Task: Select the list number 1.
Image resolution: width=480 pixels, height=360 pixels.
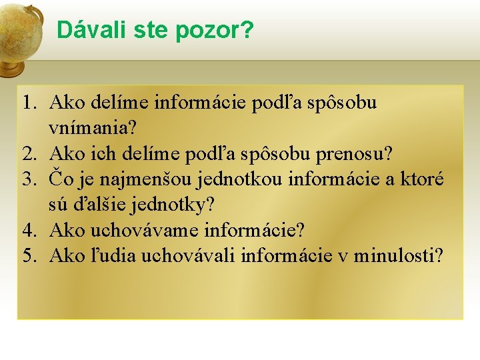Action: click(28, 103)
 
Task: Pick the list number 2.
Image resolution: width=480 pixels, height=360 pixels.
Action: click(28, 155)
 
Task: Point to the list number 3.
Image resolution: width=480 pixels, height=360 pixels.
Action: click(28, 180)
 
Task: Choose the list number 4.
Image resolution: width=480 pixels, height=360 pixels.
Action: click(28, 231)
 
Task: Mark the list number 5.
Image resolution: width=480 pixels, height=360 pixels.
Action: click(28, 257)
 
